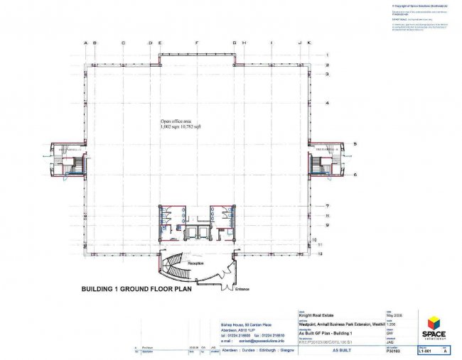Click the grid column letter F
click(197, 43)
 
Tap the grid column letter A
click(86, 43)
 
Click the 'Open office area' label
click(175, 121)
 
